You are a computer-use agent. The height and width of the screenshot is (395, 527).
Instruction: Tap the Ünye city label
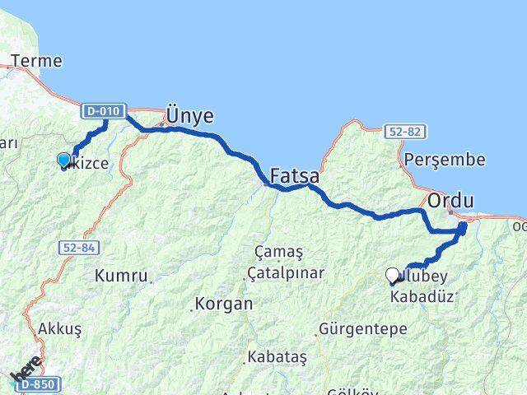pos(189,115)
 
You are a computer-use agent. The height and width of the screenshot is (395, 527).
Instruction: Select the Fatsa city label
pos(295,175)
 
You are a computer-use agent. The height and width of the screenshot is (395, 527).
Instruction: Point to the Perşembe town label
pos(445,160)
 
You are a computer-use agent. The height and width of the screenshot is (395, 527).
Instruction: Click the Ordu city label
pos(450,200)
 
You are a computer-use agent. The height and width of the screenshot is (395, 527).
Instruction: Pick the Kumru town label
pos(121,275)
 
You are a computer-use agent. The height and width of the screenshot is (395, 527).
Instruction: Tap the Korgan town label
pos(224,304)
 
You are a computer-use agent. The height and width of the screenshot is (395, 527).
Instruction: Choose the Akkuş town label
pos(59,328)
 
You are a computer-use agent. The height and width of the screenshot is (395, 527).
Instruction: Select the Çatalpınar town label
pos(288,272)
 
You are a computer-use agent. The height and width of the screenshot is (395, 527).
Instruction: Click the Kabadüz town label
pos(422,296)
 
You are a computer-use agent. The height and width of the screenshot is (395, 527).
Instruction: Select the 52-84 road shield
pos(78,246)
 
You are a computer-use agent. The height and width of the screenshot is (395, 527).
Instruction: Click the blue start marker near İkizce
pos(64,160)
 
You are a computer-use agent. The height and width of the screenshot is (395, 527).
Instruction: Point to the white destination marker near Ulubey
pos(393,275)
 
